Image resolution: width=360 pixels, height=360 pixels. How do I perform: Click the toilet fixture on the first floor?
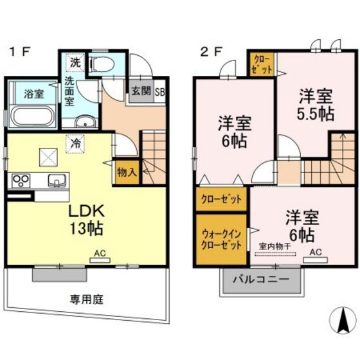(102, 64)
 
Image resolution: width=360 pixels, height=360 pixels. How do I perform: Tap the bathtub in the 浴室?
(33, 116)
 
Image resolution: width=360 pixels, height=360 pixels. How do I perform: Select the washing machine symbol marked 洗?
(76, 62)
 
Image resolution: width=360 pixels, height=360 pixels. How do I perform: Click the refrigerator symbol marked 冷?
(76, 144)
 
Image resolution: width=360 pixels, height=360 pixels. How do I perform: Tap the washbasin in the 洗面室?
(85, 122)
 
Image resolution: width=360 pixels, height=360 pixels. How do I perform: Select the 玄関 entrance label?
(141, 91)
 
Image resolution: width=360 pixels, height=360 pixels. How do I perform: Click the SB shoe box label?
(160, 92)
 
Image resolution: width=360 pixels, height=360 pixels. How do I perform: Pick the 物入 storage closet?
(127, 172)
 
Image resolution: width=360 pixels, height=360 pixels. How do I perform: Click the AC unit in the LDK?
(100, 260)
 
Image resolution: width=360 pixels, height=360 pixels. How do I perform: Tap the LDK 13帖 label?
(86, 219)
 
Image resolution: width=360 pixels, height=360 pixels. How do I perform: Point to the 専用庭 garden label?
(87, 300)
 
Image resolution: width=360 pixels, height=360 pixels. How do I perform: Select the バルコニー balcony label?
(261, 280)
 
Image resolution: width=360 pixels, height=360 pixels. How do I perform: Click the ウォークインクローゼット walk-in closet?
(221, 239)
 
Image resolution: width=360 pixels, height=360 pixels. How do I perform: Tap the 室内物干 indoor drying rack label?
(275, 247)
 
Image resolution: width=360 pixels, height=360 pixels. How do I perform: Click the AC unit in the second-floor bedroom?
(316, 260)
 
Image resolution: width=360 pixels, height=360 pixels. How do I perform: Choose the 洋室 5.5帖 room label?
(316, 105)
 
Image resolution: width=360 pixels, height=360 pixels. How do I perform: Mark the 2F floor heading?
(211, 51)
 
